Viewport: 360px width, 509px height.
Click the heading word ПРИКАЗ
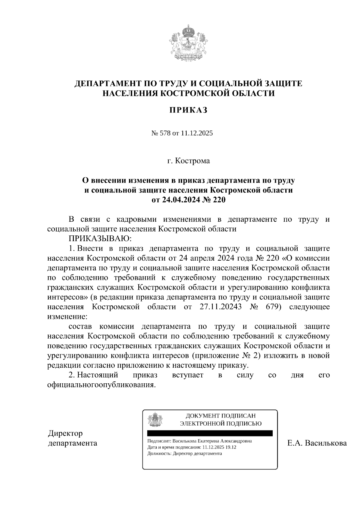[188, 110]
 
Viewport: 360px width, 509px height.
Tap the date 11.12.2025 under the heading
[197, 133]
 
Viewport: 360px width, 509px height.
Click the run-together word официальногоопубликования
[102, 385]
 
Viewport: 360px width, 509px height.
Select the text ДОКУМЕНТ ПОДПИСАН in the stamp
[220, 416]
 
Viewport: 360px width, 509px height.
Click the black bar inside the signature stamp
[210, 433]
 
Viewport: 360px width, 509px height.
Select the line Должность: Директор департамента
[185, 454]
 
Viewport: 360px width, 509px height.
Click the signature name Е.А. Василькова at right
[316, 443]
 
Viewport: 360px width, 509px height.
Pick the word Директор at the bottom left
[65, 433]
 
